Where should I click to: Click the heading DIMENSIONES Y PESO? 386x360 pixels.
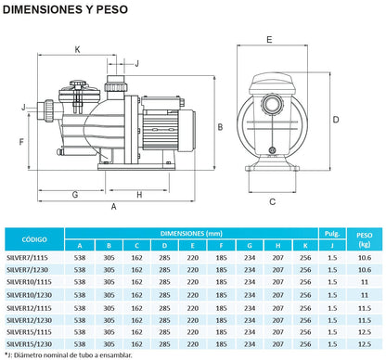65,9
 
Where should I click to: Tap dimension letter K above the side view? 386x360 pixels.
77,49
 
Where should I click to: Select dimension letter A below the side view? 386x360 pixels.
114,207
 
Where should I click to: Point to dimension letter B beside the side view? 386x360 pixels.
220,127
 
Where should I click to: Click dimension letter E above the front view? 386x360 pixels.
269,40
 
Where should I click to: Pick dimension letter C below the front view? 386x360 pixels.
272,202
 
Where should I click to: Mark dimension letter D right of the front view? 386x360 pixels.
336,120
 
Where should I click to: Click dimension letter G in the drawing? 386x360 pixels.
75,195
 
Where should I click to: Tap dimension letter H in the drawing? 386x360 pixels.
139,195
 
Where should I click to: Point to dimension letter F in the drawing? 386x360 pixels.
21,142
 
